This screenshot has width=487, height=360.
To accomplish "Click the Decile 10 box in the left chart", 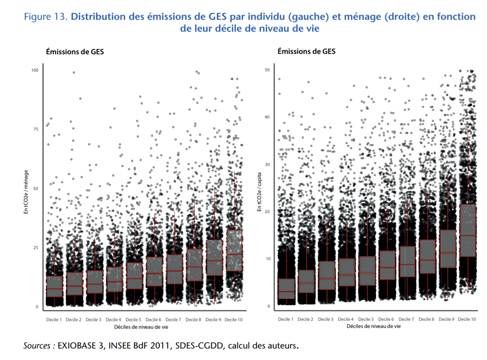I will click(x=234, y=250).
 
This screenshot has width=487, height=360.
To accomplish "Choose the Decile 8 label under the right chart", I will click(x=427, y=319).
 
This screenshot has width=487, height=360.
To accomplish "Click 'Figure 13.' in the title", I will click(x=45, y=17).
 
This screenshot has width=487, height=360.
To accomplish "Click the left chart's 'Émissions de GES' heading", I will click(x=75, y=52).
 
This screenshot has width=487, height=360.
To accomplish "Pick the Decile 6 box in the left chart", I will click(x=154, y=271).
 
